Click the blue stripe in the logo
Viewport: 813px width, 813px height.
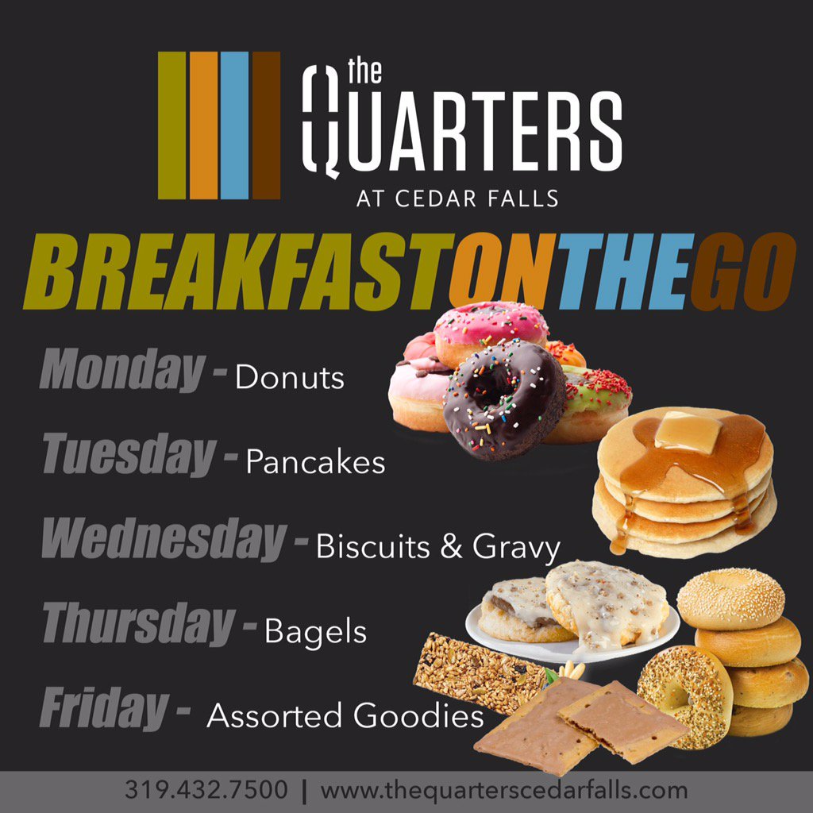[x=234, y=125]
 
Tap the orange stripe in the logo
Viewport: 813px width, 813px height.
[x=203, y=125]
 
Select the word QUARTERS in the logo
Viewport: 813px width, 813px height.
[x=461, y=132]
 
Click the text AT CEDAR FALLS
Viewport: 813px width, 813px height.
[x=457, y=198]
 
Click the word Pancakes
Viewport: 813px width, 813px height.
[x=315, y=462]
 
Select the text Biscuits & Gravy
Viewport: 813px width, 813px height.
[x=438, y=547]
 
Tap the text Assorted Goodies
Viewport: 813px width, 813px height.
[x=345, y=717]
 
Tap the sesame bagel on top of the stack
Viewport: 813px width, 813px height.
[x=730, y=597]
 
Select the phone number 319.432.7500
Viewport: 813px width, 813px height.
[x=206, y=791]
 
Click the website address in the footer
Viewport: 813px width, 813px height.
[x=503, y=791]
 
